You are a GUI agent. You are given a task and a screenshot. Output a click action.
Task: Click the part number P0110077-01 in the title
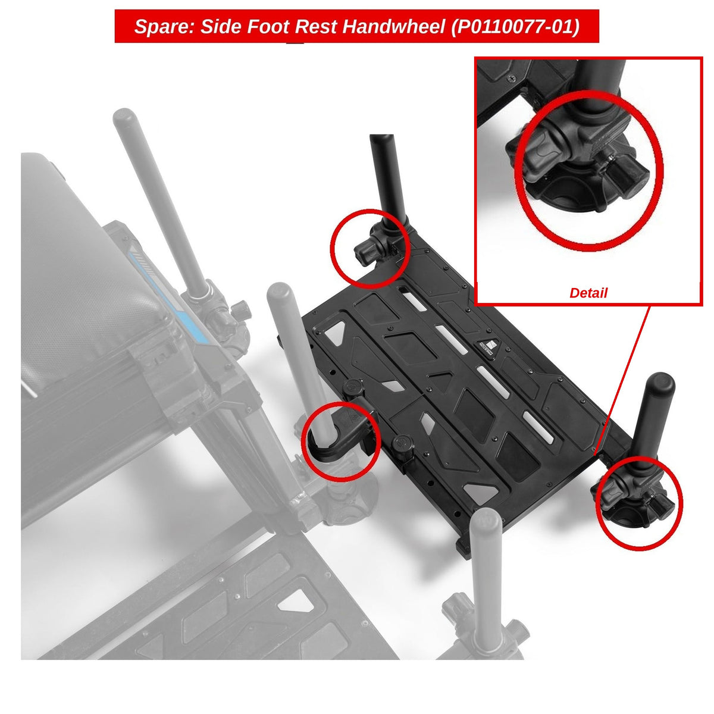click(515, 27)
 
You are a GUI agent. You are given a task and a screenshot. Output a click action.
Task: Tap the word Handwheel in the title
click(393, 26)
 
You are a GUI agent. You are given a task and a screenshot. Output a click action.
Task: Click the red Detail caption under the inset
click(588, 293)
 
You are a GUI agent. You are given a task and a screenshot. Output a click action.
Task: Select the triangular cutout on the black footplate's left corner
click(334, 333)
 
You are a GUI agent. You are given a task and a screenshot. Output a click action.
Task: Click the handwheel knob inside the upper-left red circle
click(364, 254)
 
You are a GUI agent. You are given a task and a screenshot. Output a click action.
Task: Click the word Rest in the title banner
click(318, 27)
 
